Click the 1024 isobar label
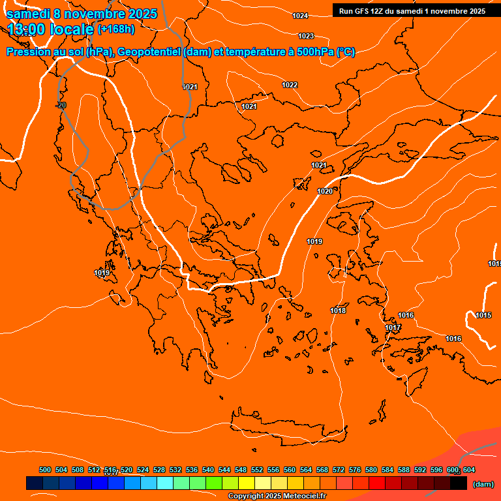(300, 16)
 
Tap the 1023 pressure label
(306, 36)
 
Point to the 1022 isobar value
(290, 85)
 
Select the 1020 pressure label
(324, 191)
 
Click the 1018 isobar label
(338, 311)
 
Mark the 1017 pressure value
(393, 327)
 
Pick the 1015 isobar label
(483, 316)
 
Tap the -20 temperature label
(61, 105)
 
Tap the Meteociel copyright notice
(277, 496)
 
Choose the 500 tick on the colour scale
(45, 470)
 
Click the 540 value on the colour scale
(208, 470)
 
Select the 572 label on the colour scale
(339, 470)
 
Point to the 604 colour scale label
(469, 470)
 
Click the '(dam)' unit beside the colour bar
(483, 484)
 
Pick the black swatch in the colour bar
(458, 483)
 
